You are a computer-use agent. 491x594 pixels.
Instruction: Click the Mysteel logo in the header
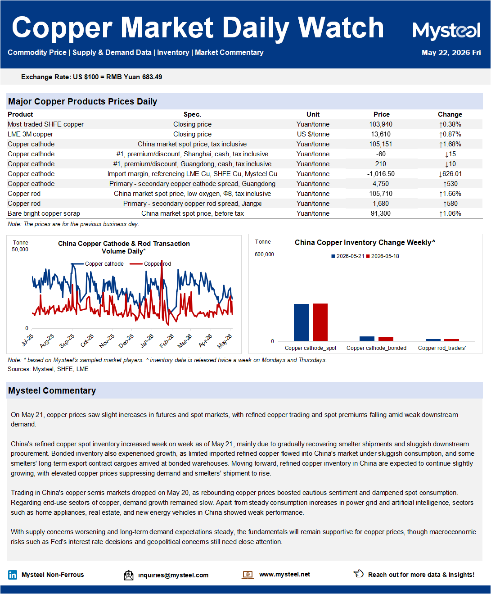tap(446, 32)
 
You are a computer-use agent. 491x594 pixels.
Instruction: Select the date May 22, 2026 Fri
tap(451, 53)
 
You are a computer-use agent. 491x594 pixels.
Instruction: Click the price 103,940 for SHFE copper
tap(381, 124)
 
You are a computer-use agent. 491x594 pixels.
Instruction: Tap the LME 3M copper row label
tap(31, 134)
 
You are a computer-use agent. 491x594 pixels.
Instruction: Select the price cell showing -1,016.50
tap(381, 174)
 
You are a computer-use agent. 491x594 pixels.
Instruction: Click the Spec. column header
tap(192, 114)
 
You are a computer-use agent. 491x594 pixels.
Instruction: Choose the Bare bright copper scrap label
tap(44, 213)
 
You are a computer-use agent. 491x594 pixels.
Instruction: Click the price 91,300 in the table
tap(381, 213)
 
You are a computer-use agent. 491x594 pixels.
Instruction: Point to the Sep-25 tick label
tap(67, 340)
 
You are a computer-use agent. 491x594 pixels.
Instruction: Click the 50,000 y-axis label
tap(20, 249)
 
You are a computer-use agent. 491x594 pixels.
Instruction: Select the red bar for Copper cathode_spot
tap(320, 322)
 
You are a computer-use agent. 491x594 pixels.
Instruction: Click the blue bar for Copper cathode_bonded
tap(367, 339)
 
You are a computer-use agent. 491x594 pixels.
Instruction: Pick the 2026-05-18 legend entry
tap(383, 256)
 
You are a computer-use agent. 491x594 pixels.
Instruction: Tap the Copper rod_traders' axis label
tap(442, 348)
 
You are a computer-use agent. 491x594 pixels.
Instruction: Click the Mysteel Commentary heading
tap(52, 390)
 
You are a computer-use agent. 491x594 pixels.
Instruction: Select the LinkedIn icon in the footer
tap(13, 575)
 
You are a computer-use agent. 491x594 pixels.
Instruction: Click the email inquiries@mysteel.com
tap(173, 575)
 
